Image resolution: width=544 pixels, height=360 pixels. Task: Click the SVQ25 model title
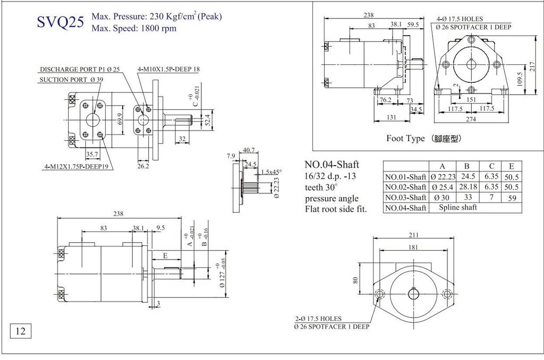[60, 23]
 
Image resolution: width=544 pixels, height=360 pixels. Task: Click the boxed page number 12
[21, 331]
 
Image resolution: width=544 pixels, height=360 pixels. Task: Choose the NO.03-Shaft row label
[406, 198]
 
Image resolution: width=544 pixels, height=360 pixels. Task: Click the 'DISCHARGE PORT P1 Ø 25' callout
[80, 69]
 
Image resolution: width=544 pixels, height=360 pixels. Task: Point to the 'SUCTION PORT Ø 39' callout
[71, 80]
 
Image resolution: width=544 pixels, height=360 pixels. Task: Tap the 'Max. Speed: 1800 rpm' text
[134, 28]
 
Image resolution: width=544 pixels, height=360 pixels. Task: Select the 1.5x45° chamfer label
[271, 172]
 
